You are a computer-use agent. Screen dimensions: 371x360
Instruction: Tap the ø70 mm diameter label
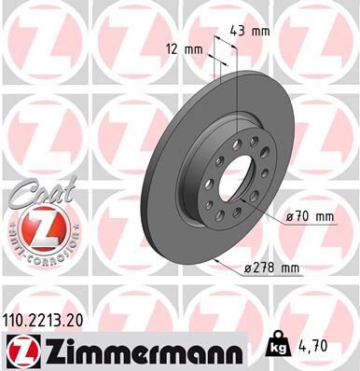click(x=311, y=216)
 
